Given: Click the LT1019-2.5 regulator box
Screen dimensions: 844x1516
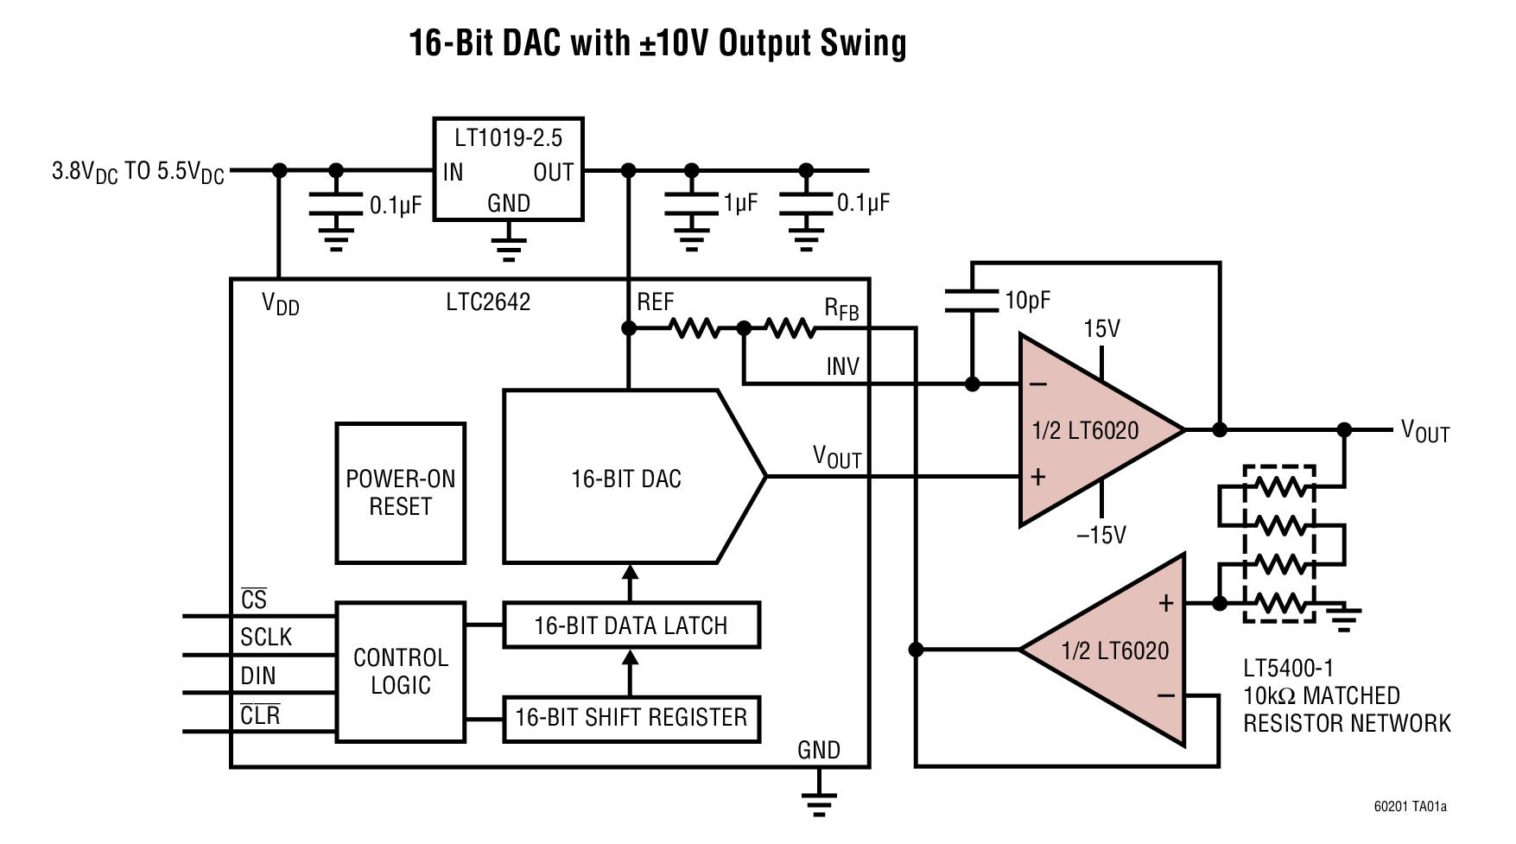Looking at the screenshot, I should point(508,169).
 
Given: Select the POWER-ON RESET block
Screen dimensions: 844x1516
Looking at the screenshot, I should point(400,493).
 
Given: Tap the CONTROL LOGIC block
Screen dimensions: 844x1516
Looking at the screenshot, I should point(400,671).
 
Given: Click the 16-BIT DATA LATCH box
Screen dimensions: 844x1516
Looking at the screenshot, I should point(631,625).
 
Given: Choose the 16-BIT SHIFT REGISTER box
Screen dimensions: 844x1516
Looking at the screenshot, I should point(631,718).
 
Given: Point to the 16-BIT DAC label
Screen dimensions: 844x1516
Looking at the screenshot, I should point(625,479).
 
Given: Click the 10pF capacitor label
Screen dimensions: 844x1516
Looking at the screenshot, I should point(1027,301).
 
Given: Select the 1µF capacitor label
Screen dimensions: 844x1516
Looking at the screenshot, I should point(740,203).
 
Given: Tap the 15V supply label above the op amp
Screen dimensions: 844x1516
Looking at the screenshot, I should point(1101,329).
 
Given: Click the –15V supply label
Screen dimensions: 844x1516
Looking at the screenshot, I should point(1101,536).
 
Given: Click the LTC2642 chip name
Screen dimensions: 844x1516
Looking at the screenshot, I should point(488,302).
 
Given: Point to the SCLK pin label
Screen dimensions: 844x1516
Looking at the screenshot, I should point(266,638).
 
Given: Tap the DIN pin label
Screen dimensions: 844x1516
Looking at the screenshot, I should point(258,676).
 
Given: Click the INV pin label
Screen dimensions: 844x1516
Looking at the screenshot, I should point(842,367).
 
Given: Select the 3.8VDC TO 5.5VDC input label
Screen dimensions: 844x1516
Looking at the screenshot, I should point(138,172).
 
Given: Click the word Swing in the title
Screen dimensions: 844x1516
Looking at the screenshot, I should point(863,42).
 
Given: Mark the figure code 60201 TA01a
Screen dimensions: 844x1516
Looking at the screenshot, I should point(1410,807).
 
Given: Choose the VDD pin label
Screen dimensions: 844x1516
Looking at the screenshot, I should point(280,304).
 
